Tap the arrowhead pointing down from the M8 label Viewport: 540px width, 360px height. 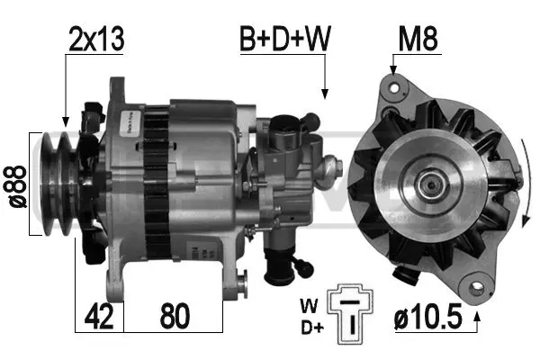coord(392,67)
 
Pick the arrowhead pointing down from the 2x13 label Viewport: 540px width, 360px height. coord(65,119)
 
